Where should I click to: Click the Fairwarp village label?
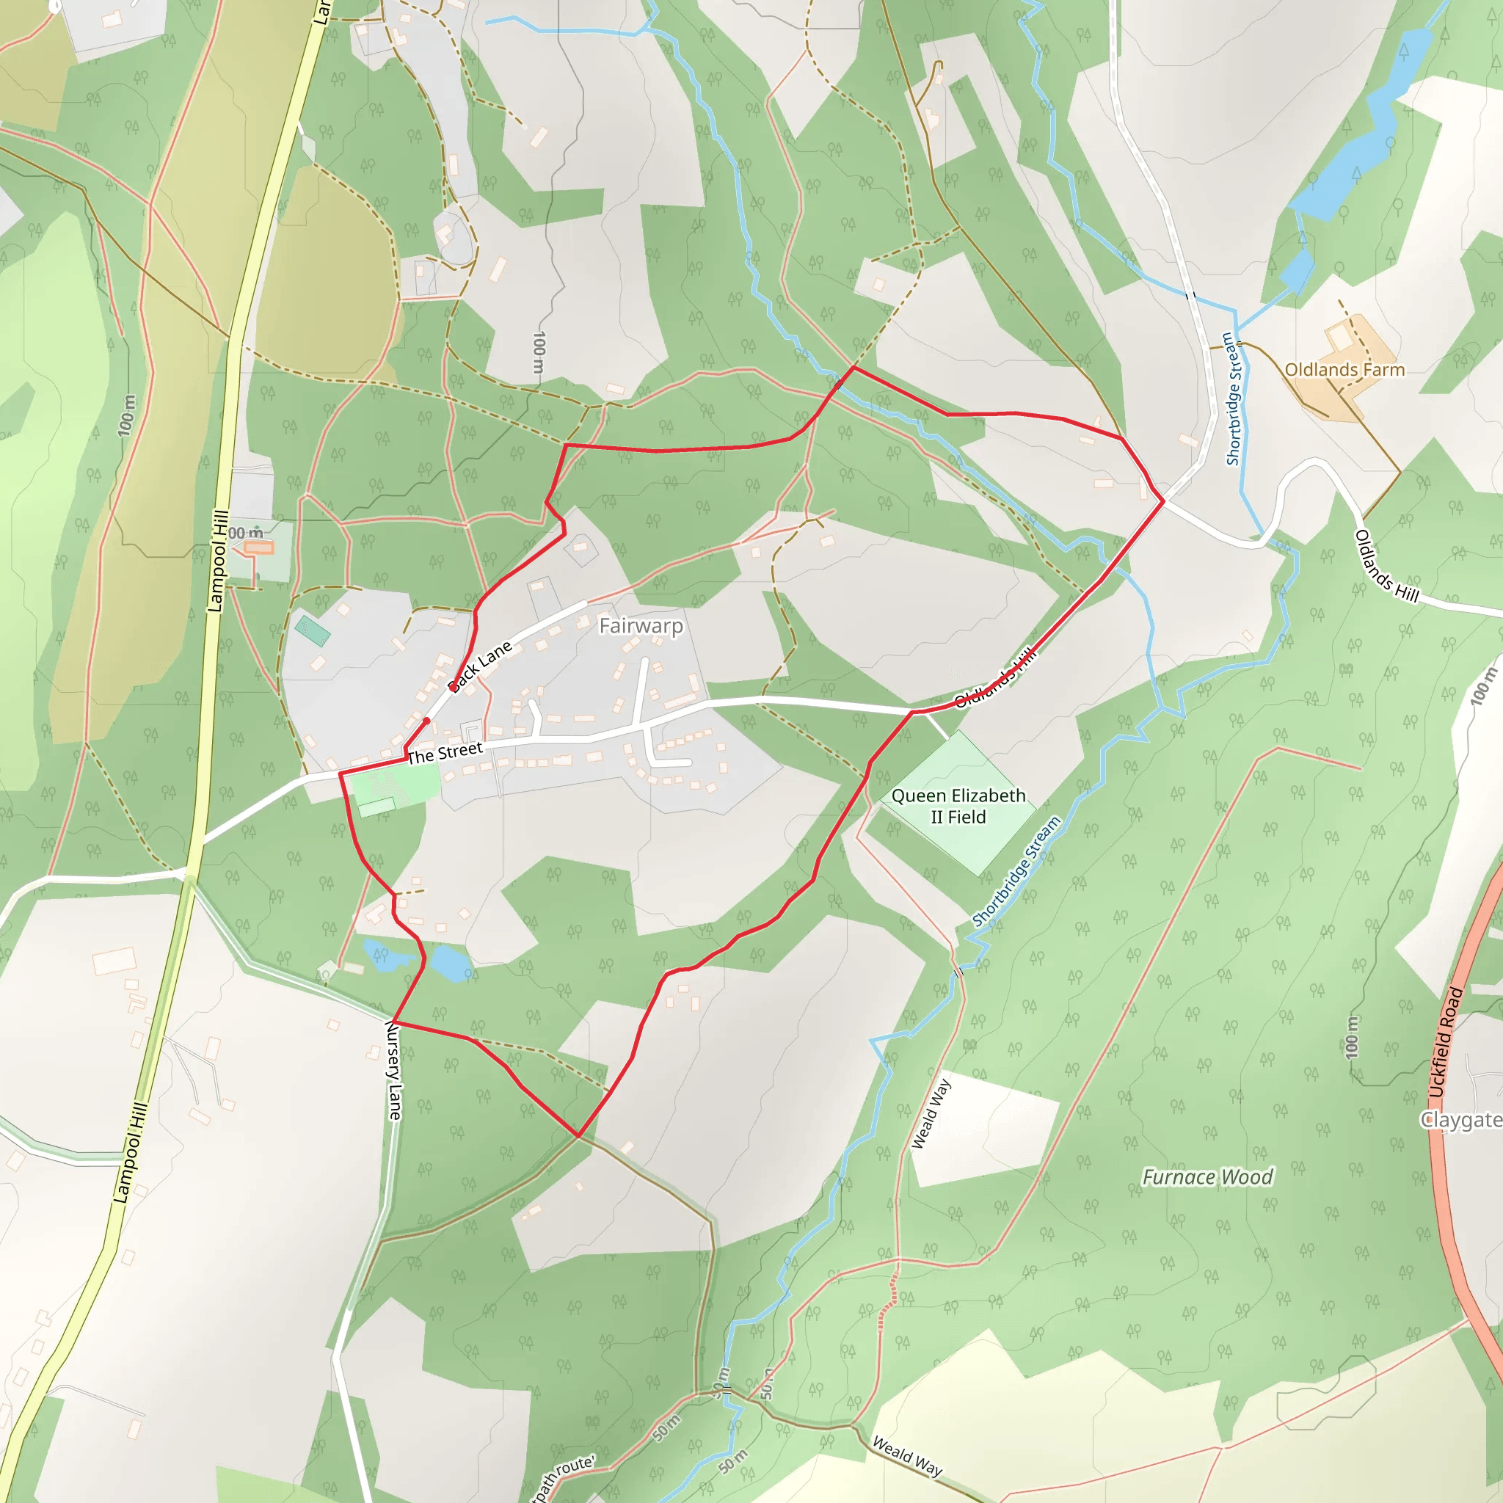pyautogui.click(x=641, y=626)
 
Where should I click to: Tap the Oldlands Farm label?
pyautogui.click(x=1344, y=370)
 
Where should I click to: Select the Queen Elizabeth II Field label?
pyautogui.click(x=958, y=806)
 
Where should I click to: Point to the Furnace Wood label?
pyautogui.click(x=1207, y=1177)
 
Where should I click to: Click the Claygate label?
pyautogui.click(x=1461, y=1119)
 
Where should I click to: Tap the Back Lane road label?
pyautogui.click(x=480, y=665)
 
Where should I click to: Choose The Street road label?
pyautogui.click(x=445, y=752)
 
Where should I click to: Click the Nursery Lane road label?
pyautogui.click(x=394, y=1071)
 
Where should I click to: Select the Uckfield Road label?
pyautogui.click(x=1446, y=1042)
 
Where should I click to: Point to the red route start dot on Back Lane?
pyautogui.click(x=426, y=721)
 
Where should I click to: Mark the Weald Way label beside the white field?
pyautogui.click(x=931, y=1113)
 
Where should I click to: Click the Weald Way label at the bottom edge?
pyautogui.click(x=907, y=1455)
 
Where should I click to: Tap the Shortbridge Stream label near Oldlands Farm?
pyautogui.click(x=1231, y=399)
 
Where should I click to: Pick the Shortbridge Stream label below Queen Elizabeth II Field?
pyautogui.click(x=1016, y=871)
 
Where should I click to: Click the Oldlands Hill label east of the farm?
pyautogui.click(x=1386, y=566)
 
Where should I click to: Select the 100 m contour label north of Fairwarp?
pyautogui.click(x=539, y=352)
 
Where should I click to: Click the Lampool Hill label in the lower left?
pyautogui.click(x=130, y=1152)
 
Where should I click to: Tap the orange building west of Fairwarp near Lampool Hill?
pyautogui.click(x=259, y=547)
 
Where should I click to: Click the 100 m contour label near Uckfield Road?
pyautogui.click(x=1351, y=1036)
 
